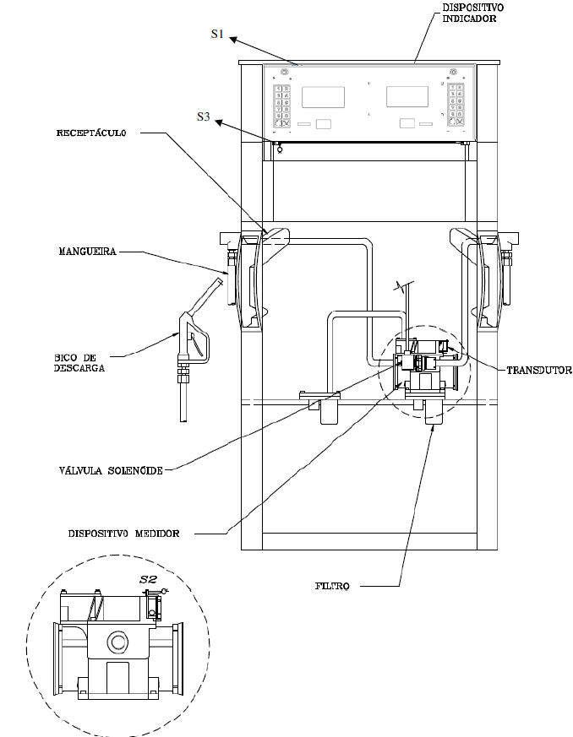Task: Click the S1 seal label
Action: point(217,34)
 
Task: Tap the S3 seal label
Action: point(203,117)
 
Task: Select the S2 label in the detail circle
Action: point(148,579)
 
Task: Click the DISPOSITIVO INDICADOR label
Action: point(472,14)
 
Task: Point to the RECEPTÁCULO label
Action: point(91,133)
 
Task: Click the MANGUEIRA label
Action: point(88,252)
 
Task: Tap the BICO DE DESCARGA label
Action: point(79,363)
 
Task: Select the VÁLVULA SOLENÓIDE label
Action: point(111,470)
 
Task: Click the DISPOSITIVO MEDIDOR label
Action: point(123,534)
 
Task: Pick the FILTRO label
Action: point(332,586)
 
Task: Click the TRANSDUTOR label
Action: point(539,371)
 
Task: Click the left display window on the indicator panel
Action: point(323,97)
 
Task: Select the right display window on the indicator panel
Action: point(407,97)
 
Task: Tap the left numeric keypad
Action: point(282,106)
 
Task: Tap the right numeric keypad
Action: point(456,105)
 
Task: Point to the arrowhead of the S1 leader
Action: point(233,40)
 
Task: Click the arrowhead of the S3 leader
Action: point(219,122)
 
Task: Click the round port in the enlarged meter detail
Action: point(117,641)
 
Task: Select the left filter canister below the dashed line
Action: point(330,412)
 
